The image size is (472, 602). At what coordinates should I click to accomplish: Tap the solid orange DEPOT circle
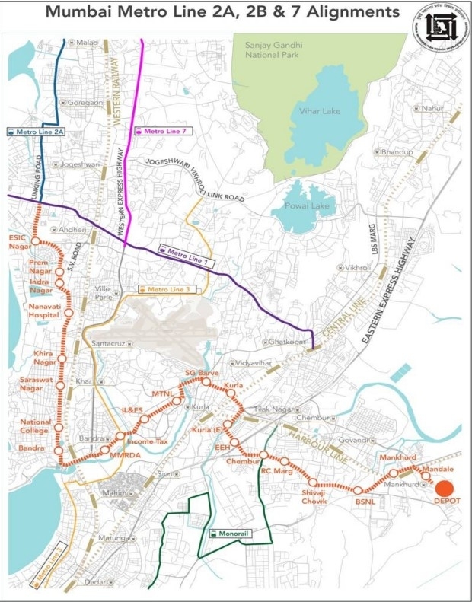444,488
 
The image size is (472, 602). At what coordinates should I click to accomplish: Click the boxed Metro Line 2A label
36,132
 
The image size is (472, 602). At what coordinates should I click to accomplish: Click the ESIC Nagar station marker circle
34,240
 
